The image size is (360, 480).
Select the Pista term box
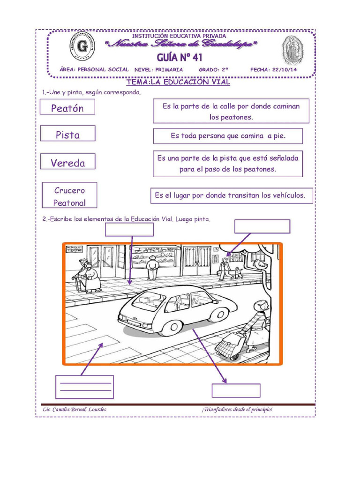click(x=67, y=135)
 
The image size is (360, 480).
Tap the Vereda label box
click(x=68, y=163)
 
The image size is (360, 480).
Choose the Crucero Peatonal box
click(x=69, y=196)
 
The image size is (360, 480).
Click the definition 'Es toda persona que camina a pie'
click(x=228, y=136)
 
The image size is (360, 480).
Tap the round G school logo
click(x=82, y=47)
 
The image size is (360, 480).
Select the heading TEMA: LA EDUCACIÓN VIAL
click(x=178, y=82)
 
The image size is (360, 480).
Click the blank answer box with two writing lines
click(x=84, y=387)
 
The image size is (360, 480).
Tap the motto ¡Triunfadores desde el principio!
click(x=237, y=409)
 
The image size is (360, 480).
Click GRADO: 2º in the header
click(x=213, y=69)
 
